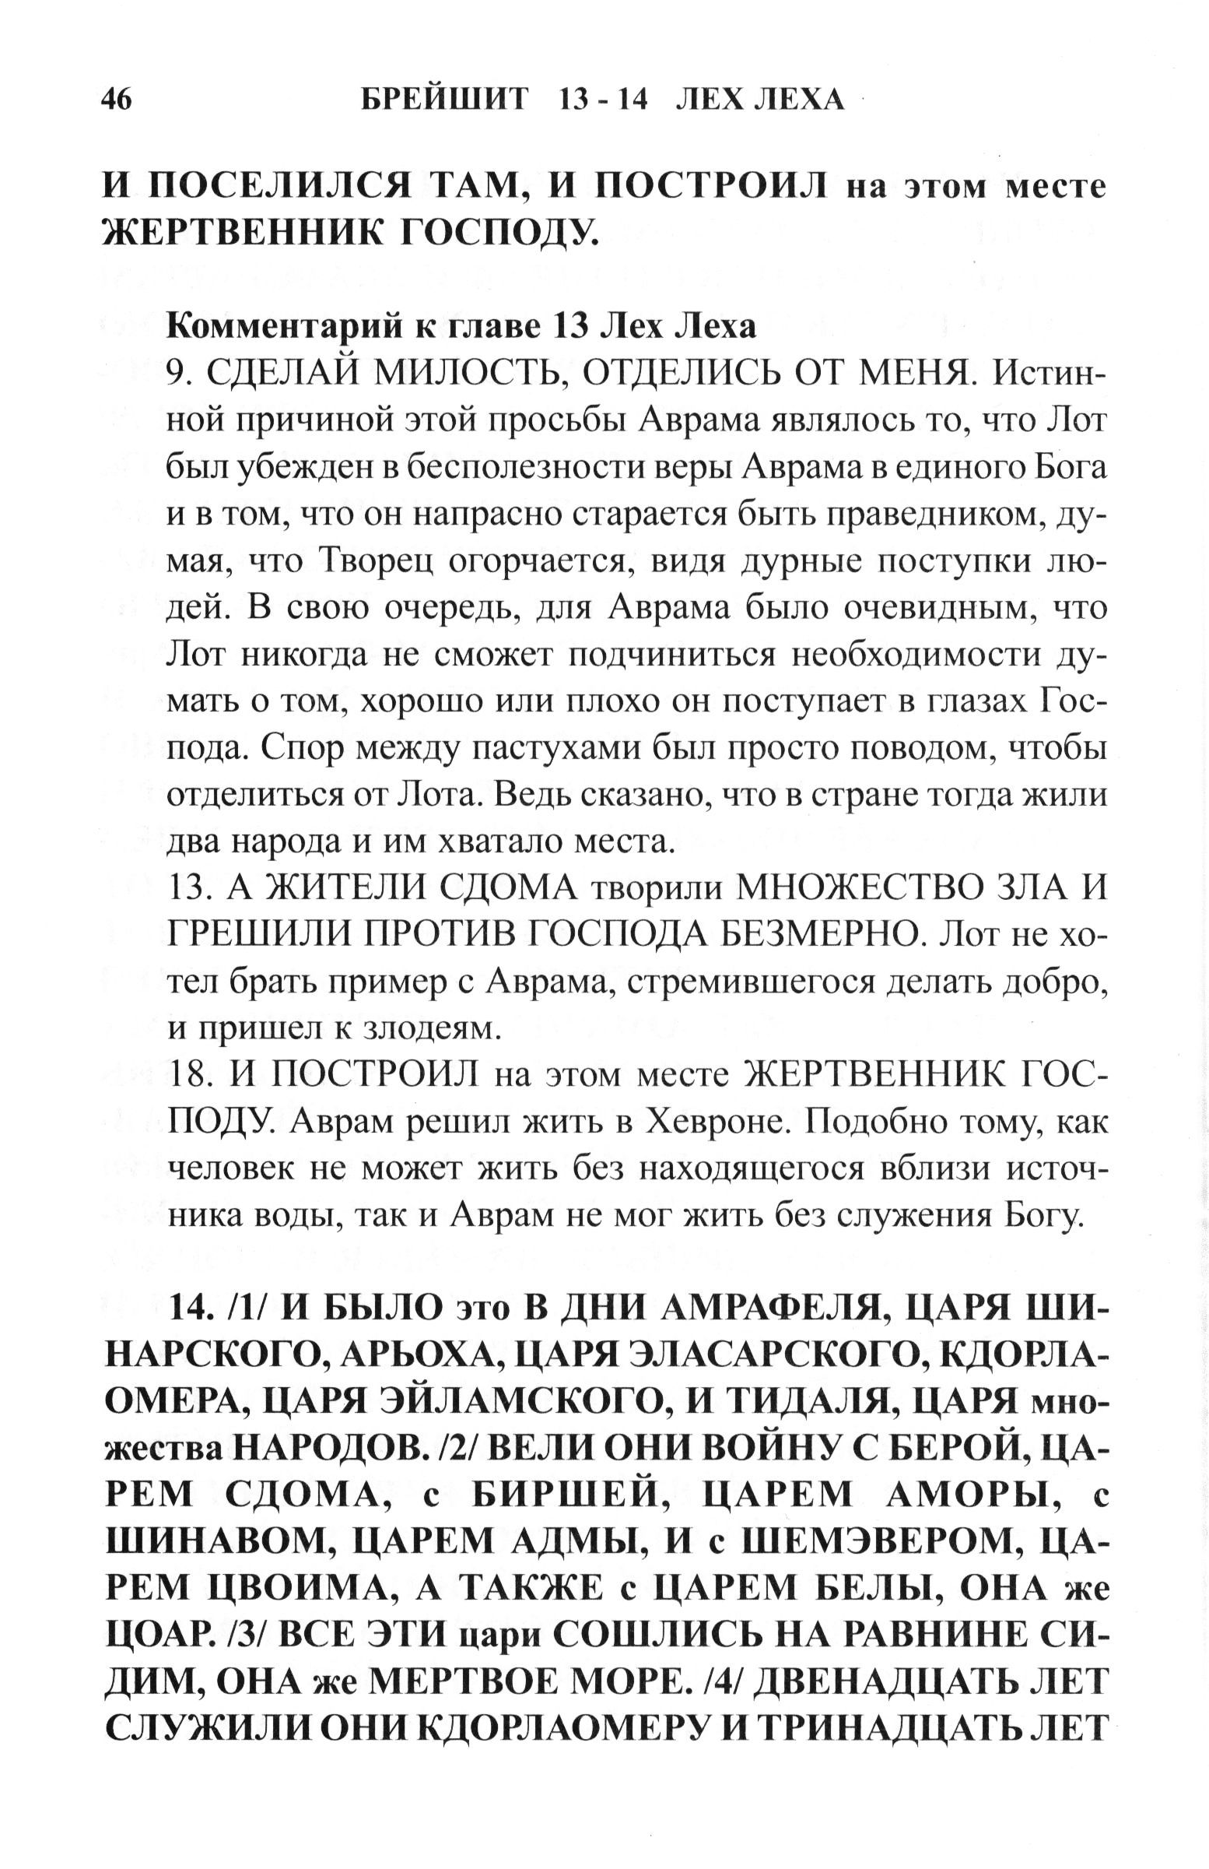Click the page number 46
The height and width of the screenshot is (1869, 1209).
[117, 100]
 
